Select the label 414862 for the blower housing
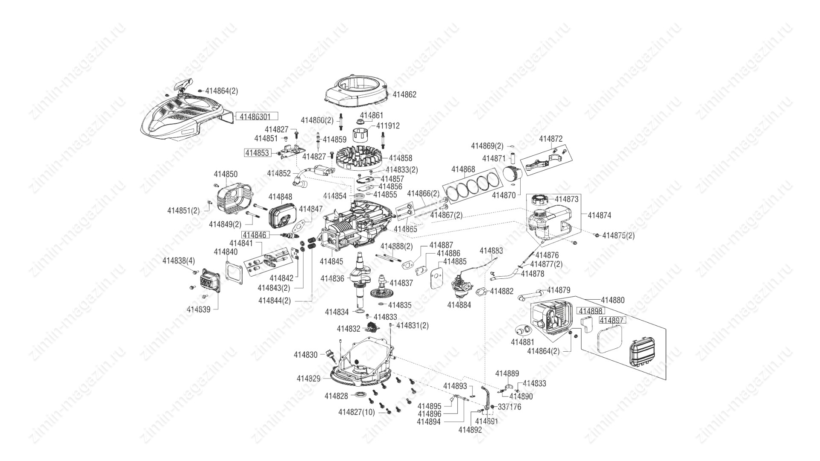pyautogui.click(x=404, y=95)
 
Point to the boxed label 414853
pyautogui.click(x=258, y=153)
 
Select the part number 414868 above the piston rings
pyautogui.click(x=463, y=169)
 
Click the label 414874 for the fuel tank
pyautogui.click(x=599, y=216)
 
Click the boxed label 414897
pyautogui.click(x=612, y=320)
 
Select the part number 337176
pyautogui.click(x=510, y=407)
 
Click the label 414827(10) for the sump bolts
pyautogui.click(x=356, y=412)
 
